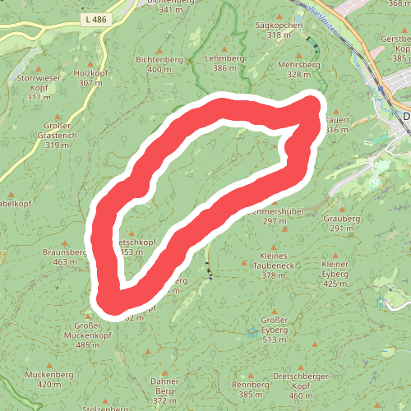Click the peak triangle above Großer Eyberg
pyautogui.click(x=275, y=307)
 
